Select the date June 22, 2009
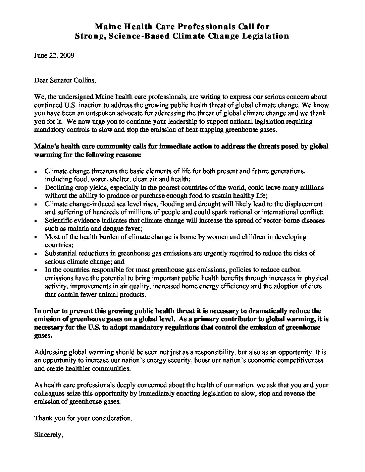[54, 55]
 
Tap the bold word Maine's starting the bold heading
[44, 146]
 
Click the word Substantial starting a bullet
[61, 253]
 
